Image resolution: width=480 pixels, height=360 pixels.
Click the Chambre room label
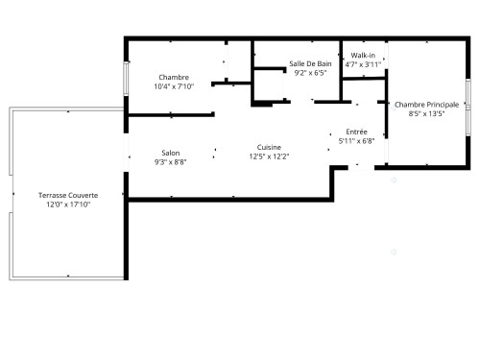174,77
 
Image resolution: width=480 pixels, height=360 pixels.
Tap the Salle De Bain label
310,63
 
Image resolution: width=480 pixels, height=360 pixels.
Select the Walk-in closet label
364,56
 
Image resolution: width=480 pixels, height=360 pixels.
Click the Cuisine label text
268,147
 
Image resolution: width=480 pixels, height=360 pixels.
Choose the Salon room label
170,153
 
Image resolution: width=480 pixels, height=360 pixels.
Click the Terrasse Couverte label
68,195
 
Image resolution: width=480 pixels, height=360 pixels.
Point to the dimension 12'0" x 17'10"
68,204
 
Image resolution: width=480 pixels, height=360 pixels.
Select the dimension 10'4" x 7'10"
174,85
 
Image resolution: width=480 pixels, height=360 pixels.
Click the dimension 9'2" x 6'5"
310,72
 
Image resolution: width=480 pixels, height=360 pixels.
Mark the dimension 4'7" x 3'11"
364,64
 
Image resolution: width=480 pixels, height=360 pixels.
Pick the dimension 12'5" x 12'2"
268,156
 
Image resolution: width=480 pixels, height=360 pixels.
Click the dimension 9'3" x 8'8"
170,161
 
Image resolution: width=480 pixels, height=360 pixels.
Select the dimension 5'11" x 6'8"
355,140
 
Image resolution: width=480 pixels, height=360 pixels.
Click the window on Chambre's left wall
125,79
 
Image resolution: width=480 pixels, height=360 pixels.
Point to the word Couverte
82,195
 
